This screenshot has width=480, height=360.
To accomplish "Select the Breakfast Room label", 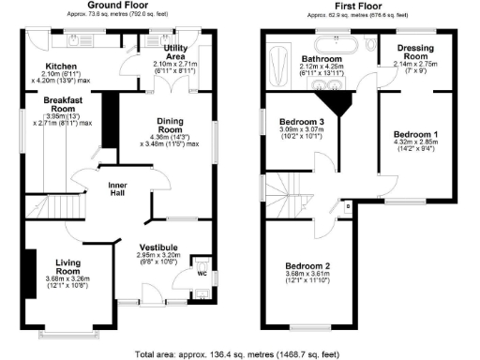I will point(63,105).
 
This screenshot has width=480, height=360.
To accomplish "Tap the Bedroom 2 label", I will point(309,265).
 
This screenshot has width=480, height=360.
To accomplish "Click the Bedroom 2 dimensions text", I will point(309,277).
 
